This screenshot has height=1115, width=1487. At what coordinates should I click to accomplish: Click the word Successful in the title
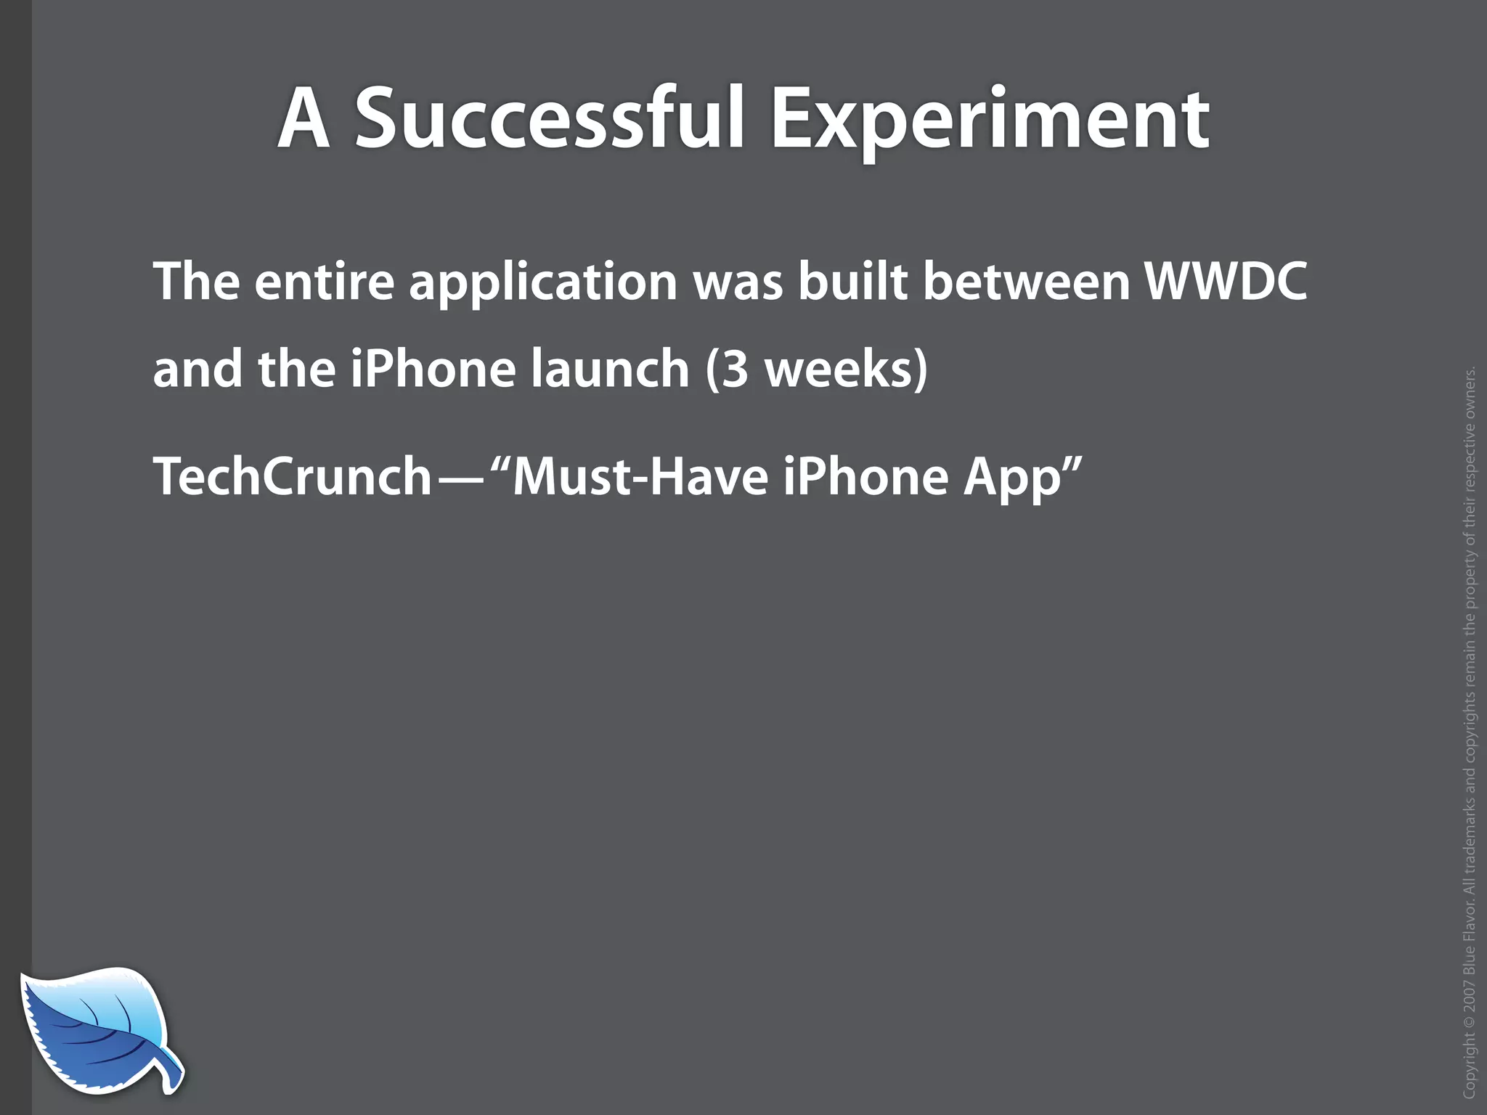tap(550, 118)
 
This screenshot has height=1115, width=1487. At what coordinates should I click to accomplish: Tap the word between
tap(1027, 281)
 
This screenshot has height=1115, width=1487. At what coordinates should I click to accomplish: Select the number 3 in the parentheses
tap(736, 369)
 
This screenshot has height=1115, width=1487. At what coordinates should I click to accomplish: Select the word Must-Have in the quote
tap(640, 477)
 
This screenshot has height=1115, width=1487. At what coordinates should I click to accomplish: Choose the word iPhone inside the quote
tap(865, 477)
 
